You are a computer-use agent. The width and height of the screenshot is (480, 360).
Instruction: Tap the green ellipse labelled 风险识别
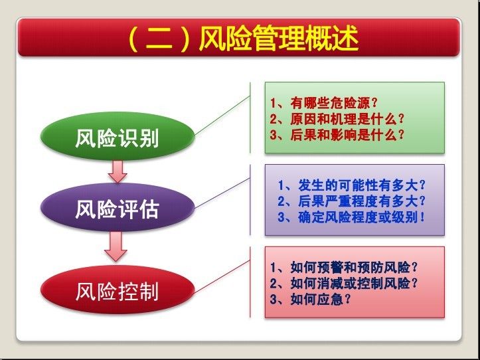click(x=118, y=136)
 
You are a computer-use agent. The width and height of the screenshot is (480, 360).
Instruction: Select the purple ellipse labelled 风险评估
click(x=118, y=207)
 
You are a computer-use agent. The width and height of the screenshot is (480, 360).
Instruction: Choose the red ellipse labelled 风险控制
click(x=118, y=290)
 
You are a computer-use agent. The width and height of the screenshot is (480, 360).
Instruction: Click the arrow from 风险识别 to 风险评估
click(x=118, y=171)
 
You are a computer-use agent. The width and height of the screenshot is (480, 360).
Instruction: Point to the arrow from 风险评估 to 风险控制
click(x=116, y=246)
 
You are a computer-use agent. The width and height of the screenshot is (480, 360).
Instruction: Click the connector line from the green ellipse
click(x=222, y=116)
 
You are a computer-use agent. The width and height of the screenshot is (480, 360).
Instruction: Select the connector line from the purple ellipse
click(x=222, y=193)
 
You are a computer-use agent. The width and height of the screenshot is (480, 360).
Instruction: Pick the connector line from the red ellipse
click(x=222, y=277)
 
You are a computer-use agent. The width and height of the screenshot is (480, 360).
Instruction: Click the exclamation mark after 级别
click(x=423, y=217)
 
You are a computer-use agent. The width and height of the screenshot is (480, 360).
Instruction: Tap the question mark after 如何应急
click(x=347, y=299)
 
